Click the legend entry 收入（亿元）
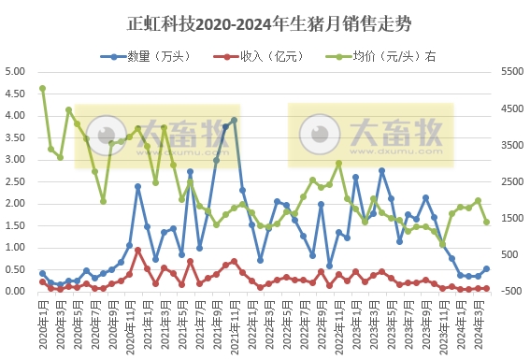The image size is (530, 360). (x=257, y=56)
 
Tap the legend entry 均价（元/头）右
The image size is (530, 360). (x=374, y=56)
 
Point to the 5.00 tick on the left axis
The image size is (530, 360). (x=15, y=71)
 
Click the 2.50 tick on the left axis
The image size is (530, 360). (x=15, y=181)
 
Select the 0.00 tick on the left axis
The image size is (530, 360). (x=15, y=292)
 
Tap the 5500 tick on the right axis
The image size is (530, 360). (x=514, y=71)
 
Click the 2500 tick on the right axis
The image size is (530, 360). (x=514, y=181)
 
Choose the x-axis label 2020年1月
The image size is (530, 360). (x=42, y=323)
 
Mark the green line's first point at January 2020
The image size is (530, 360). (x=42, y=89)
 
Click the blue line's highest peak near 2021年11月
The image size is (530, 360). (x=234, y=120)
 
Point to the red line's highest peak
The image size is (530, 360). (x=138, y=250)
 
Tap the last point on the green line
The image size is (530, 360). (x=486, y=222)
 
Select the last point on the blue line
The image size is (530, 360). (x=486, y=268)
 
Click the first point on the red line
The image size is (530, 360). (x=42, y=281)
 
